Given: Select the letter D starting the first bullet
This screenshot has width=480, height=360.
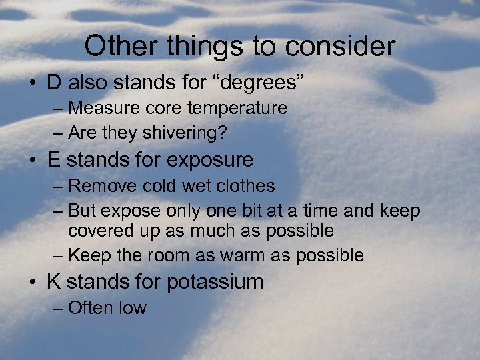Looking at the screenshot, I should coord(55,84).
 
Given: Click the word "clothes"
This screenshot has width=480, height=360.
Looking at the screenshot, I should coord(243,185).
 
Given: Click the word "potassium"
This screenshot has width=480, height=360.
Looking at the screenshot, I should coord(214,281).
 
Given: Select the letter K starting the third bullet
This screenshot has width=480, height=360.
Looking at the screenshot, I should coord(54,281).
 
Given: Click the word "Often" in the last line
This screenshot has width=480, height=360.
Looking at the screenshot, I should coord(91,307).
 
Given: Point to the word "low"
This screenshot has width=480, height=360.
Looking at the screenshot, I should coord(133,307).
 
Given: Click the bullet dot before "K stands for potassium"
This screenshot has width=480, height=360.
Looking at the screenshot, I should coord(33,283).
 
